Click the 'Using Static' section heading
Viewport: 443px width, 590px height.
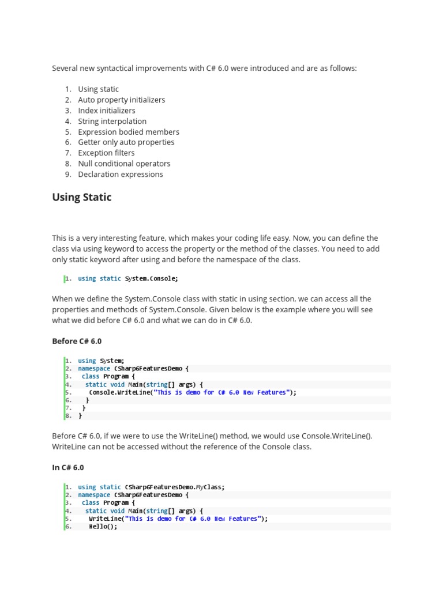(x=82, y=197)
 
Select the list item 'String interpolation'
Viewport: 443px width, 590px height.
(x=112, y=121)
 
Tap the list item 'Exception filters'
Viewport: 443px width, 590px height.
(x=106, y=153)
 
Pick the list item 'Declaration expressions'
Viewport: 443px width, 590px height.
(x=121, y=174)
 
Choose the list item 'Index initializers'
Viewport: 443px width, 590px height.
(x=107, y=110)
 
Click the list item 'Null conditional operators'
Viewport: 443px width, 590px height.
(x=124, y=163)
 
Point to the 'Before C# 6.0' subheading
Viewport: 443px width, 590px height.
(x=77, y=341)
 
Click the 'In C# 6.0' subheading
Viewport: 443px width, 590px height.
(x=68, y=467)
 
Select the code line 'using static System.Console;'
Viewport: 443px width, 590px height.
(x=128, y=279)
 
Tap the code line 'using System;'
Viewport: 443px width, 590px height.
(x=101, y=361)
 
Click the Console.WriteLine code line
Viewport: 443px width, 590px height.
(x=193, y=392)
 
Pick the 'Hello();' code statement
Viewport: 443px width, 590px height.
(x=103, y=527)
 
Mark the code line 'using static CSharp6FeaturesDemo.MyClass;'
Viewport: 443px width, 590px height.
(x=151, y=487)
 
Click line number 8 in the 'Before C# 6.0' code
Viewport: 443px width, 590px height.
(x=67, y=415)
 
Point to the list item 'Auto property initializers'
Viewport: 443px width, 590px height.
(x=122, y=100)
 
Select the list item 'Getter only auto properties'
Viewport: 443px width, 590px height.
(x=126, y=142)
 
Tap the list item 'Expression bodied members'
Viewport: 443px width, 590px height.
(x=129, y=131)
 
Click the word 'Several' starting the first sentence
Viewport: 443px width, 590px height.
(x=65, y=68)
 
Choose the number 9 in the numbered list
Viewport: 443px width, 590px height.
(x=67, y=174)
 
